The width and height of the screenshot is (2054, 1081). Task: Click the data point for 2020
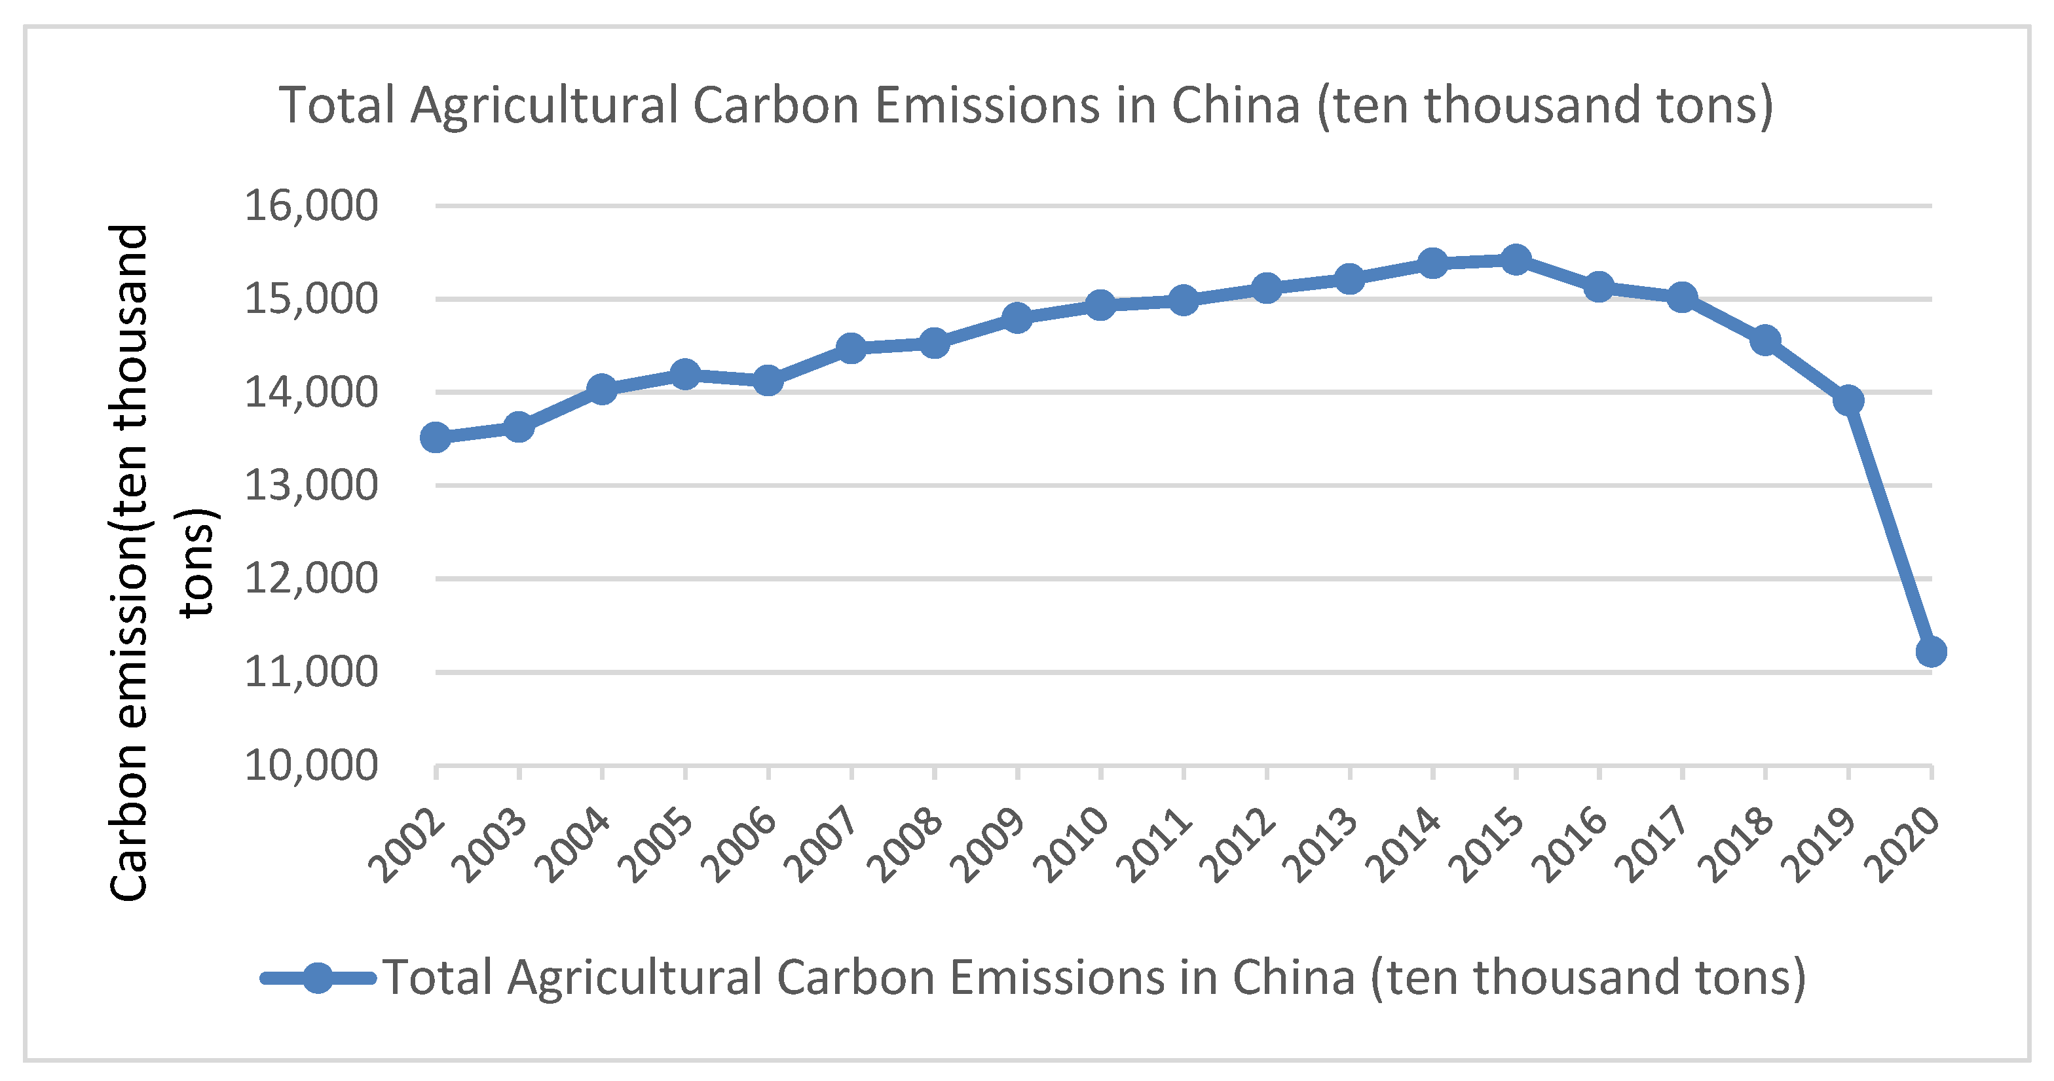tap(1930, 651)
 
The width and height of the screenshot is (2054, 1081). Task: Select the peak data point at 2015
tap(1516, 259)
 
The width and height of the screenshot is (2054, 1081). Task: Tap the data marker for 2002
tap(436, 437)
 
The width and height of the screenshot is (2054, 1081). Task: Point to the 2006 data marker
tap(768, 380)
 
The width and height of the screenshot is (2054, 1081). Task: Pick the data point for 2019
tap(1848, 399)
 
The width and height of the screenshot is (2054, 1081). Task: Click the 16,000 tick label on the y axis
tap(311, 206)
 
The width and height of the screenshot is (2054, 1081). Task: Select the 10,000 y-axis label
tap(311, 765)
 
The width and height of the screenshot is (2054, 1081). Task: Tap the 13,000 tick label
tap(311, 485)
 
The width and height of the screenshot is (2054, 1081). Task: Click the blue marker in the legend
tap(318, 978)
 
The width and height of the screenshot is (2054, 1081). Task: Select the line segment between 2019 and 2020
tap(1890, 526)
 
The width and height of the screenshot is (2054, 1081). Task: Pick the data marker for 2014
tap(1433, 263)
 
